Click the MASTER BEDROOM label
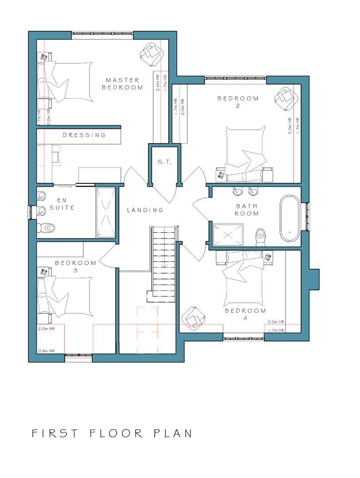coord(122,84)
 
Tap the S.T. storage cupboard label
coord(164,162)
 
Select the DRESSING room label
coord(84,135)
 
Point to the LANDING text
coord(145,210)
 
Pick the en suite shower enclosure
coord(105,212)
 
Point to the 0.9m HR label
coord(46,351)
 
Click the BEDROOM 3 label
coord(76,266)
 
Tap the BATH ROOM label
coord(247,209)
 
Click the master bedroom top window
coord(102,34)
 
